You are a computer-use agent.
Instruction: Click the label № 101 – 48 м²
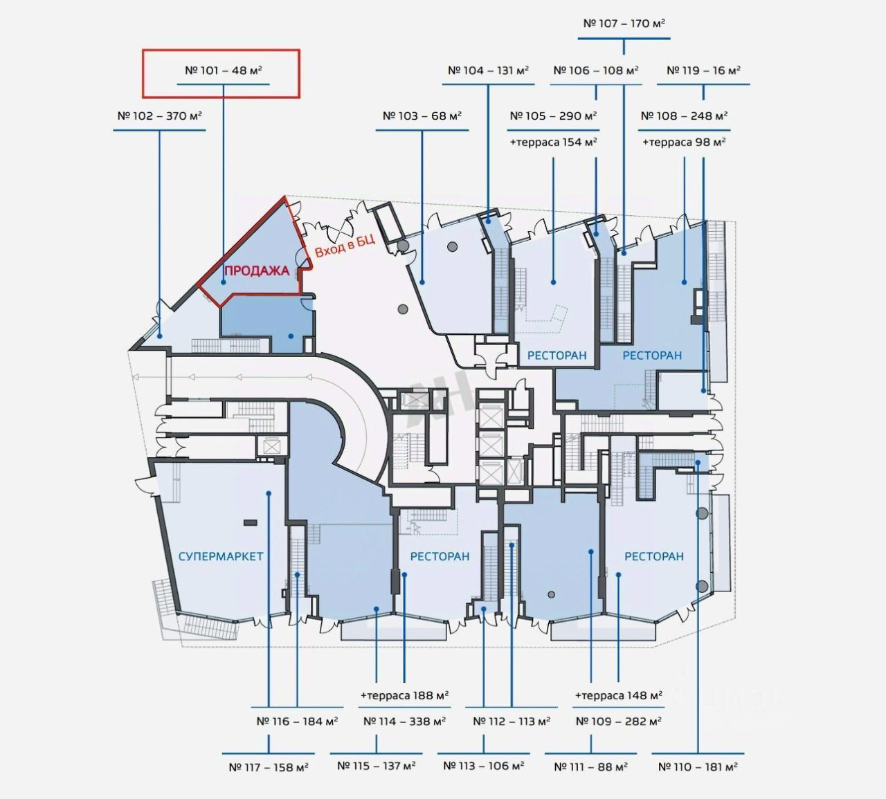point(223,71)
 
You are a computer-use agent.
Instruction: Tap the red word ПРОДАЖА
point(256,270)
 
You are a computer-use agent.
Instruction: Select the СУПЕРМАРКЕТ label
point(221,556)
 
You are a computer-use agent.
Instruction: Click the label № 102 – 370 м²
point(159,116)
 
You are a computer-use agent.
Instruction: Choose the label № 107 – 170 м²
point(624,24)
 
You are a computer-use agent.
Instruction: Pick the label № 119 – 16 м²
point(703,71)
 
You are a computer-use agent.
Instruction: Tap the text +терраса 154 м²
point(553,143)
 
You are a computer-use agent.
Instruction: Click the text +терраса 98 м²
point(684,143)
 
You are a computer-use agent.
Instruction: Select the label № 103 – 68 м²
point(422,116)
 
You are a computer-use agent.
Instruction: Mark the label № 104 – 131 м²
point(488,71)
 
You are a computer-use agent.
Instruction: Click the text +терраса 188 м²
point(404,695)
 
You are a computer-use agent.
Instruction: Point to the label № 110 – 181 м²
point(698,766)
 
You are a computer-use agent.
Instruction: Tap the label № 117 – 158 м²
point(268,766)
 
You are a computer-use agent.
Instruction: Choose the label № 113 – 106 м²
point(483,766)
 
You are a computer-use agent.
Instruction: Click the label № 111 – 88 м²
point(590,766)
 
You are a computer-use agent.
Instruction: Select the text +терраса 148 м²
point(618,695)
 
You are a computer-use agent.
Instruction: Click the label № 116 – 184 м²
point(297,722)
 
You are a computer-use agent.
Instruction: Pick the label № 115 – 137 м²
point(376,766)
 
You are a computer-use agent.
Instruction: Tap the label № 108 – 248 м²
point(684,116)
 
